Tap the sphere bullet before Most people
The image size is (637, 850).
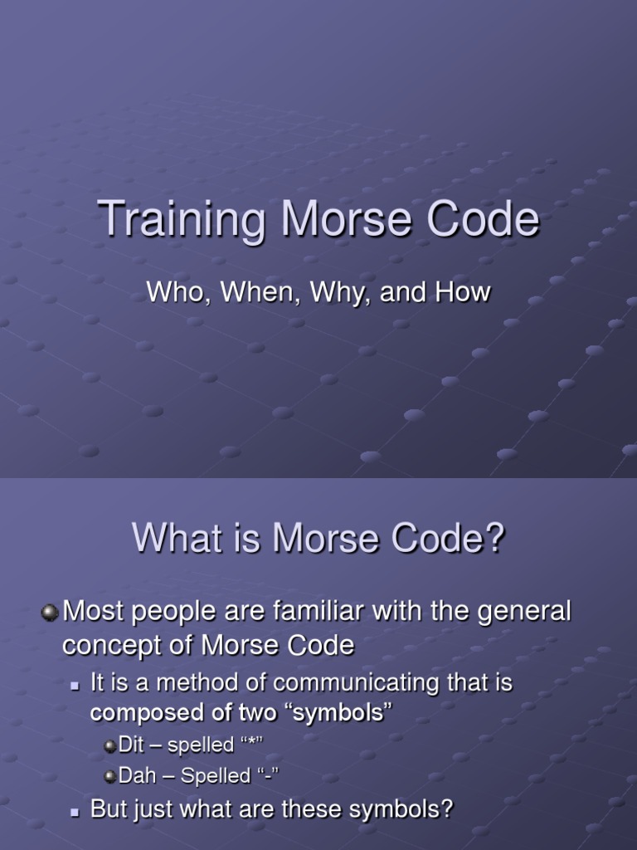click(50, 613)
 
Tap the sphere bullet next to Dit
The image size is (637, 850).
click(110, 746)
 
